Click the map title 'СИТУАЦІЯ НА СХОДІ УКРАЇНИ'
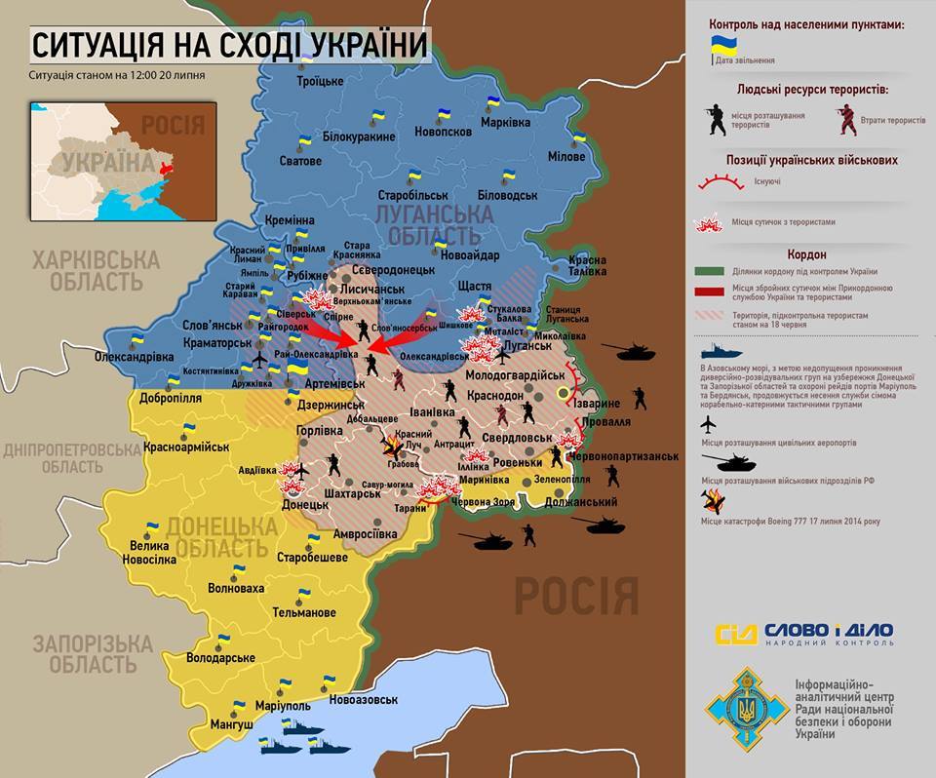(x=229, y=45)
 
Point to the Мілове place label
(x=565, y=157)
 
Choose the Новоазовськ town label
(x=364, y=700)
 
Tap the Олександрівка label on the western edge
(x=135, y=357)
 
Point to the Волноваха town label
(x=236, y=588)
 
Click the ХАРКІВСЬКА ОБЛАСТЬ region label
(x=95, y=271)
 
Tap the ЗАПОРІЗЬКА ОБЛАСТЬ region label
(x=92, y=654)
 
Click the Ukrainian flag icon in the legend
(x=722, y=45)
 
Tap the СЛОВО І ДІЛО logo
(x=804, y=634)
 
